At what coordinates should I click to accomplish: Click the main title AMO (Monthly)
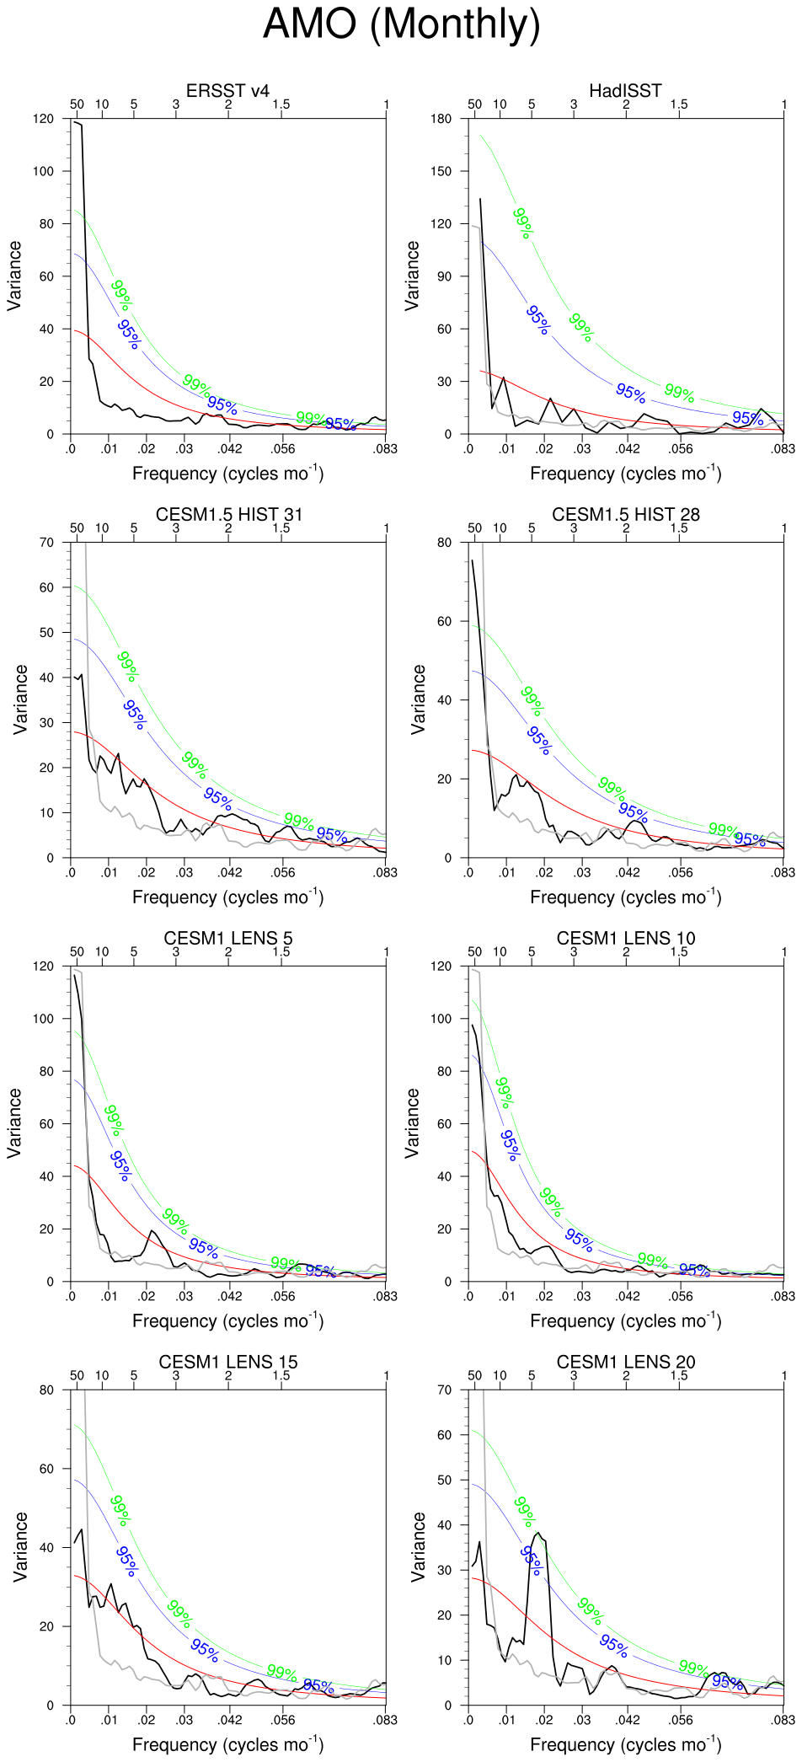click(401, 24)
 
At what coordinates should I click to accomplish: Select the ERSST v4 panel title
click(227, 91)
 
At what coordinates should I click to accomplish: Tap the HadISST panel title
click(625, 91)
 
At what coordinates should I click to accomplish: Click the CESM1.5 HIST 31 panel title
click(227, 515)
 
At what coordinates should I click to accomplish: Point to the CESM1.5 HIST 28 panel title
click(625, 515)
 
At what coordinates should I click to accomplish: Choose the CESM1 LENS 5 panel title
click(227, 939)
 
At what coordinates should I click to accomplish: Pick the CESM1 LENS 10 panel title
click(625, 939)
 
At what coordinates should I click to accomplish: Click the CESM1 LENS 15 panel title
click(227, 1363)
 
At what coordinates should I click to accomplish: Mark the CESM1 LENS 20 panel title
click(625, 1363)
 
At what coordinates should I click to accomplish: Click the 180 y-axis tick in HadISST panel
click(441, 119)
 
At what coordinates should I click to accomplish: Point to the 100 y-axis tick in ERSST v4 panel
click(43, 171)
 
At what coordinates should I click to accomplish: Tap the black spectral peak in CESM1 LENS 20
click(537, 1533)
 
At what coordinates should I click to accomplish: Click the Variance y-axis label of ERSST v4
click(14, 276)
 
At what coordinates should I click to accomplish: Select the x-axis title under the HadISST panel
click(625, 474)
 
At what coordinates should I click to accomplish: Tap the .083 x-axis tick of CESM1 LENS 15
click(385, 1720)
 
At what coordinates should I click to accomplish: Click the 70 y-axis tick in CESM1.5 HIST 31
click(46, 543)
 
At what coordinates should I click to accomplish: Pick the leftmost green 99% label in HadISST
click(523, 223)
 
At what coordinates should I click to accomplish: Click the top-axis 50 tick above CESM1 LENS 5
click(77, 951)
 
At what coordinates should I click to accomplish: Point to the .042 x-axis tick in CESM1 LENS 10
click(628, 1296)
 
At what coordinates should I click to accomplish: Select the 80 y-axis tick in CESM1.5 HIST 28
click(444, 543)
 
